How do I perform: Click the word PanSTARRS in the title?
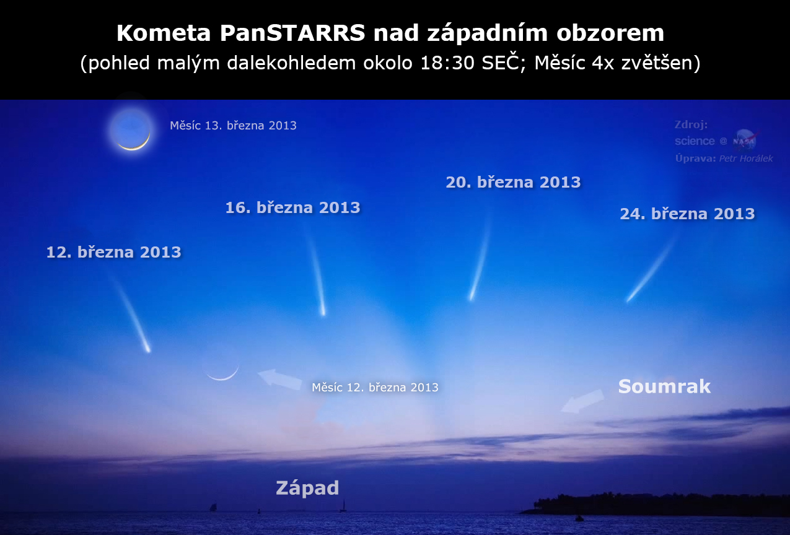pyautogui.click(x=292, y=33)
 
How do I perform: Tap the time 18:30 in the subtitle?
pyautogui.click(x=447, y=63)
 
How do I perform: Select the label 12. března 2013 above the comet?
pyautogui.click(x=113, y=253)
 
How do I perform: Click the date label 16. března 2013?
pyautogui.click(x=292, y=207)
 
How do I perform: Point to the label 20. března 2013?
pyautogui.click(x=513, y=182)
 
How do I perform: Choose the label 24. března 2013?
pyautogui.click(x=687, y=214)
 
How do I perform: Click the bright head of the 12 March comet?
pyautogui.click(x=147, y=349)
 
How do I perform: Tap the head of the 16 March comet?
pyautogui.click(x=323, y=312)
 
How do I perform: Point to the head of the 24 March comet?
pyautogui.click(x=629, y=299)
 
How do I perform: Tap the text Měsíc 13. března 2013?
pyautogui.click(x=233, y=126)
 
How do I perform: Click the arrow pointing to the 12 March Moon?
pyautogui.click(x=279, y=378)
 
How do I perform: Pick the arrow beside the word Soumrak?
pyautogui.click(x=582, y=401)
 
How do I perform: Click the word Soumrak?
pyautogui.click(x=664, y=386)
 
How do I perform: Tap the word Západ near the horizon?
pyautogui.click(x=307, y=488)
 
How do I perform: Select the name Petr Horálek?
pyautogui.click(x=746, y=159)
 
